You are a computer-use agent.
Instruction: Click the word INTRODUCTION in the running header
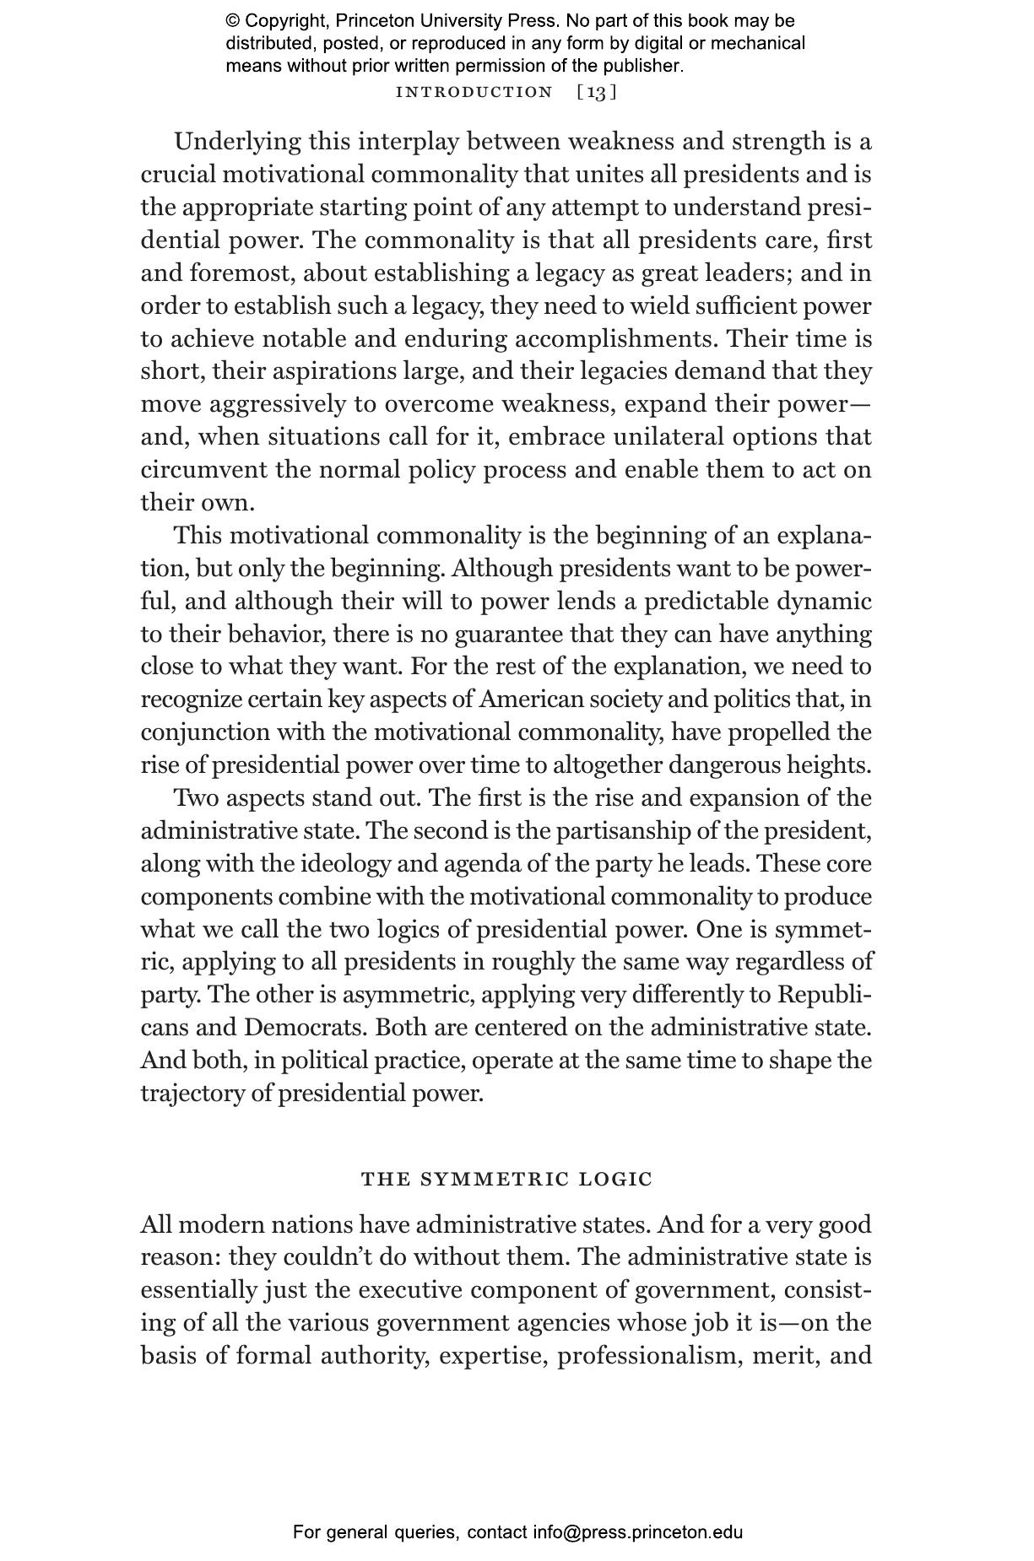(474, 92)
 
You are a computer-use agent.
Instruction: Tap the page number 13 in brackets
(597, 92)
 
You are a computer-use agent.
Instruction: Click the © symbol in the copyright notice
(232, 21)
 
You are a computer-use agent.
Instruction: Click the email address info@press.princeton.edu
(637, 1532)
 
